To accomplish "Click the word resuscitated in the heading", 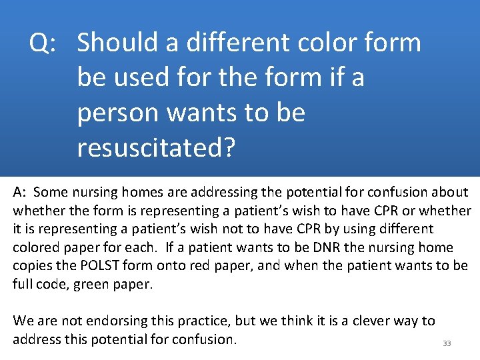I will (151, 148).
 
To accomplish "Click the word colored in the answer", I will (36, 248).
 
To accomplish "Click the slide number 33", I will (447, 343).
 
